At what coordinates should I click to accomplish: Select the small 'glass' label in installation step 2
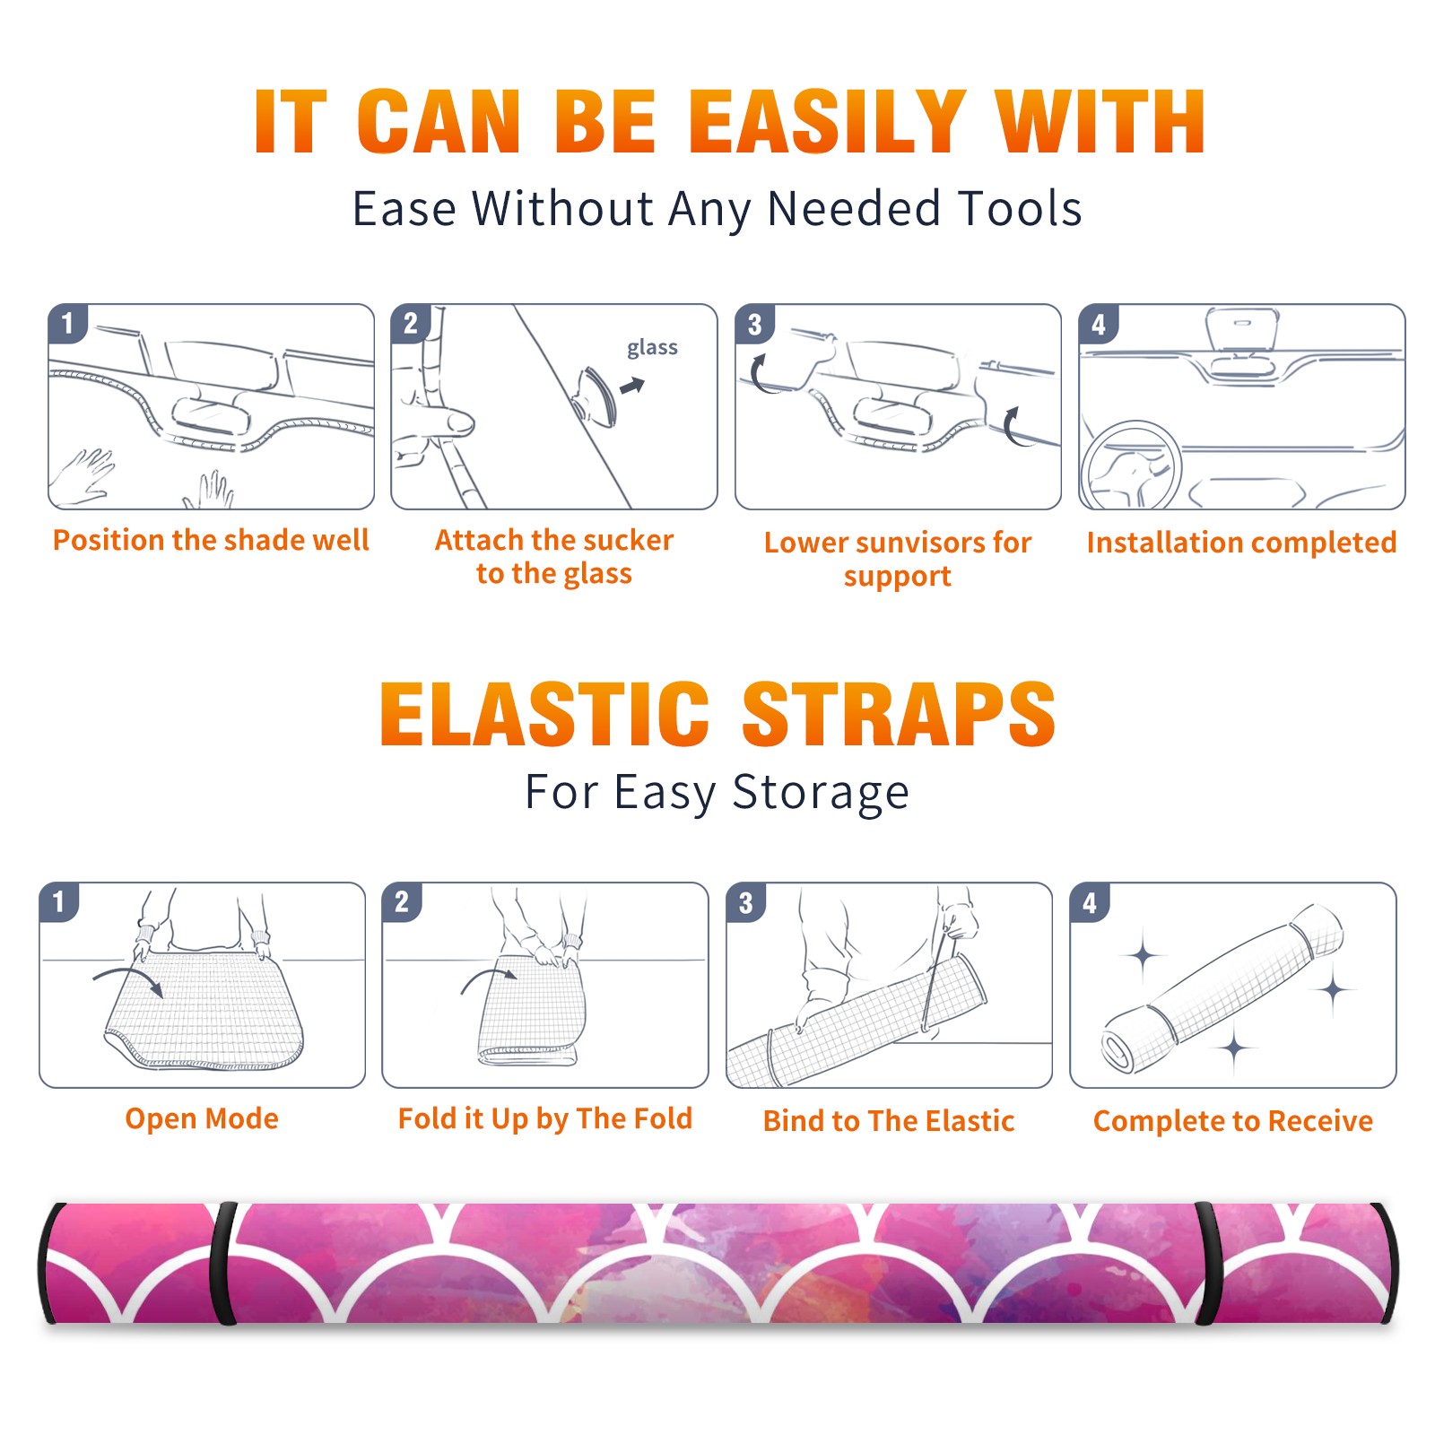(x=652, y=348)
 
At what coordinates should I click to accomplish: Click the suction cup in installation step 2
(x=596, y=396)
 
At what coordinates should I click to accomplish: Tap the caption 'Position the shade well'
(x=211, y=540)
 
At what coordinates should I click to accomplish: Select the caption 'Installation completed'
(x=1241, y=543)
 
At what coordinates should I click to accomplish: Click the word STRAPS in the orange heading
(x=899, y=714)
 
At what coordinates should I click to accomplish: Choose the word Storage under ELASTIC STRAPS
(x=821, y=793)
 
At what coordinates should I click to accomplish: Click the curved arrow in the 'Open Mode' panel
(x=128, y=978)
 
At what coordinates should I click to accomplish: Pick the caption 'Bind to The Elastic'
(x=889, y=1121)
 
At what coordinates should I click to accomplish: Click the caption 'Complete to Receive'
(x=1233, y=1121)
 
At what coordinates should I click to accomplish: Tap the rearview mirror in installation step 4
(x=1242, y=330)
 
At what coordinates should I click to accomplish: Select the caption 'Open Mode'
(x=202, y=1118)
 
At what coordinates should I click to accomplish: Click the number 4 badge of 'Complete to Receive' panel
(x=1090, y=902)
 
